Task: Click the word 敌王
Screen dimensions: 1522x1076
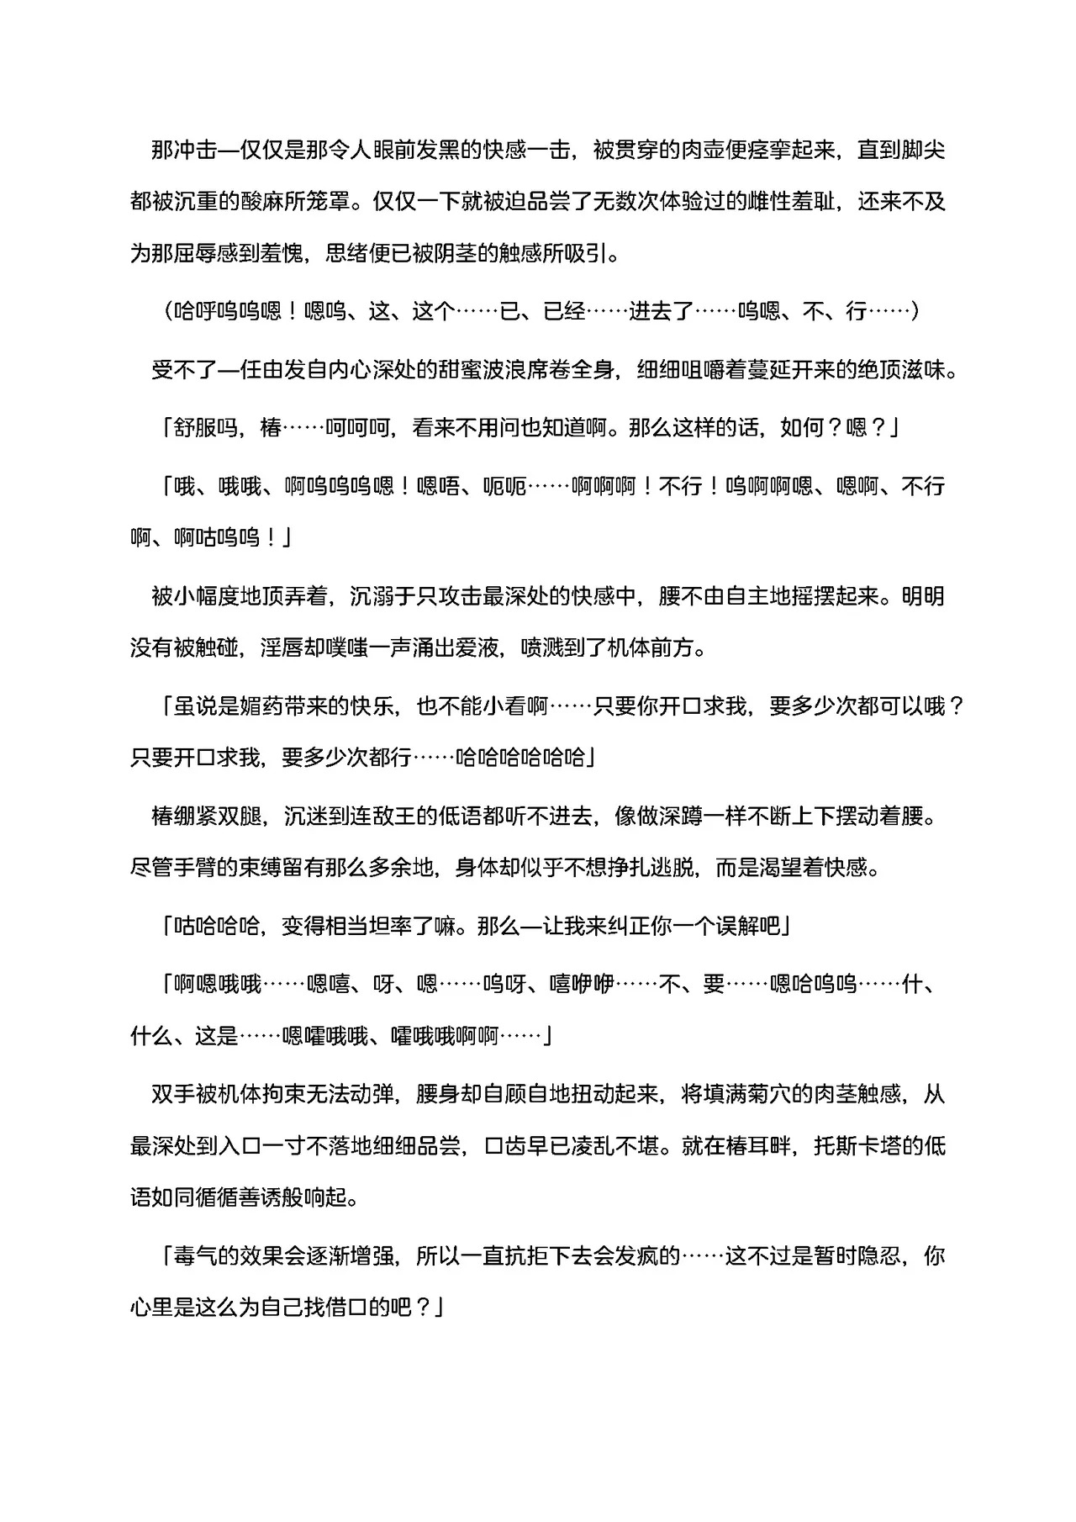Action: [x=393, y=816]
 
